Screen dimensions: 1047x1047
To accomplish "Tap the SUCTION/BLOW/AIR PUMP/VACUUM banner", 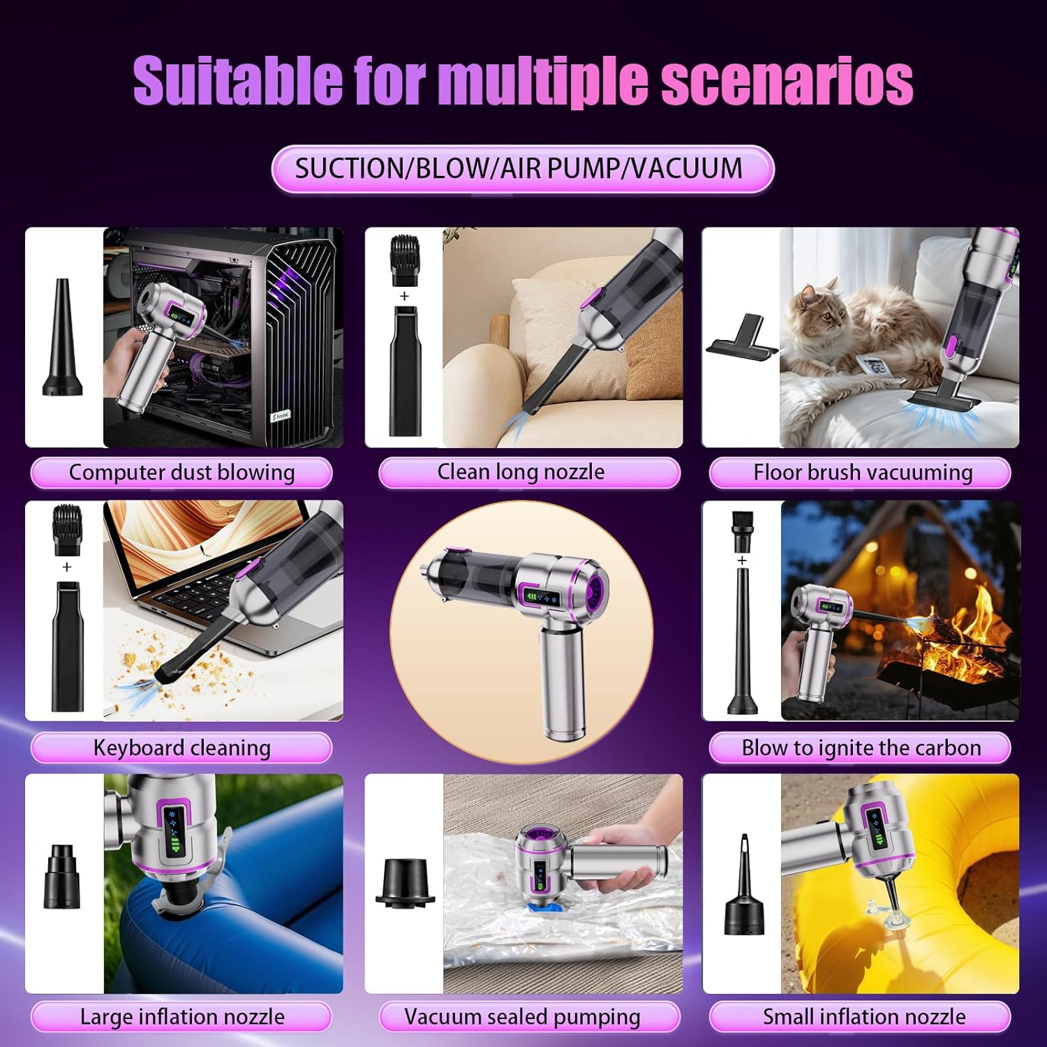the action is (x=522, y=169).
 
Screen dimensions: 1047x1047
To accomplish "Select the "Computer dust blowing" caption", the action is (x=181, y=473).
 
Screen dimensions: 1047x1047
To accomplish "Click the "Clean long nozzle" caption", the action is (x=521, y=472).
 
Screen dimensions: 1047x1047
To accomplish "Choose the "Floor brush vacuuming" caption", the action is (x=862, y=473).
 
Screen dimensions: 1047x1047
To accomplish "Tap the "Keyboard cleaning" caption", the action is (x=181, y=748).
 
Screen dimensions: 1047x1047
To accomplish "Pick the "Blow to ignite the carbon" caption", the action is (x=861, y=748).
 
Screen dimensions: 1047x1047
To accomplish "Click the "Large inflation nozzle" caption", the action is (x=181, y=1016).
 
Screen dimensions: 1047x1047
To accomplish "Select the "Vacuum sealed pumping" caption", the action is (x=522, y=1016).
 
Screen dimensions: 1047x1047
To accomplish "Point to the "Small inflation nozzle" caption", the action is (x=863, y=1016).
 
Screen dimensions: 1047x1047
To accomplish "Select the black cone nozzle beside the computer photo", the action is (x=62, y=338).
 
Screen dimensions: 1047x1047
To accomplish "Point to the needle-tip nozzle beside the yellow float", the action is (x=744, y=885).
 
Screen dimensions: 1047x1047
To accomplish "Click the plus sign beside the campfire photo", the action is (x=742, y=560).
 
